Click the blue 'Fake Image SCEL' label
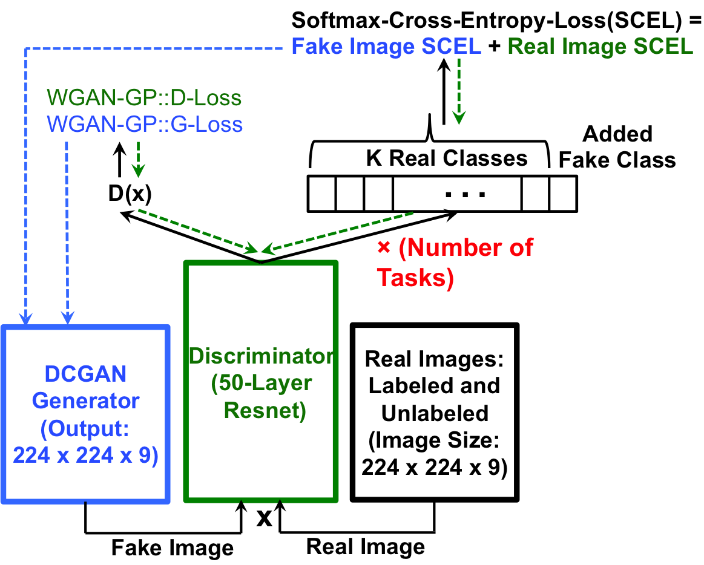tap(386, 47)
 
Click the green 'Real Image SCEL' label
tap(600, 47)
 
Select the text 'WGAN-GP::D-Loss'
tap(144, 97)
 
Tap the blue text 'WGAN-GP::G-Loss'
tap(145, 125)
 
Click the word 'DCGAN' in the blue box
tap(85, 374)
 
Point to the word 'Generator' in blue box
tap(85, 400)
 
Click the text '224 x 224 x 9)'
tap(85, 455)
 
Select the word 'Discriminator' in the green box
tap(261, 356)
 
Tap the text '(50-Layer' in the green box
tap(261, 384)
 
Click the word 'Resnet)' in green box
tap(265, 411)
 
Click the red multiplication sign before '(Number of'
tap(384, 247)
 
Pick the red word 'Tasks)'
tap(415, 278)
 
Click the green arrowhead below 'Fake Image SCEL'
tap(458, 117)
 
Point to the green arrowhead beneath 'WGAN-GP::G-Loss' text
tap(139, 171)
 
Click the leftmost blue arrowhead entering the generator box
tap(25, 318)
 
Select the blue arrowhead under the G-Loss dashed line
tap(67, 318)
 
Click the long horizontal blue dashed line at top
tap(157, 48)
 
